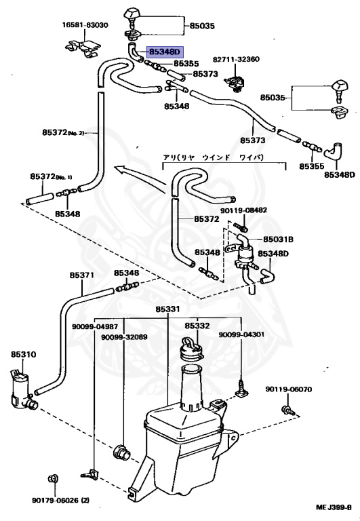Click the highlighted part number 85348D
point(165,52)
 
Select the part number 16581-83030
point(85,25)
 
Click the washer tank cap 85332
point(193,349)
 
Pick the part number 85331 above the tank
point(167,309)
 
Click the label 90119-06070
point(289,389)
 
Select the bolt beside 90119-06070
point(287,410)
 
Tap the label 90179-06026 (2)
point(60,500)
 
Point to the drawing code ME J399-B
point(334,507)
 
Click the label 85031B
point(278,239)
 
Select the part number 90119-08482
point(244,210)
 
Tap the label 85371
point(82,275)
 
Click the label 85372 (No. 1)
point(51,176)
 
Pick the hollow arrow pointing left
point(141,175)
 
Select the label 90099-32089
point(124,337)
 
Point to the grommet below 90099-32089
point(122,451)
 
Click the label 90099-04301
point(241,334)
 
